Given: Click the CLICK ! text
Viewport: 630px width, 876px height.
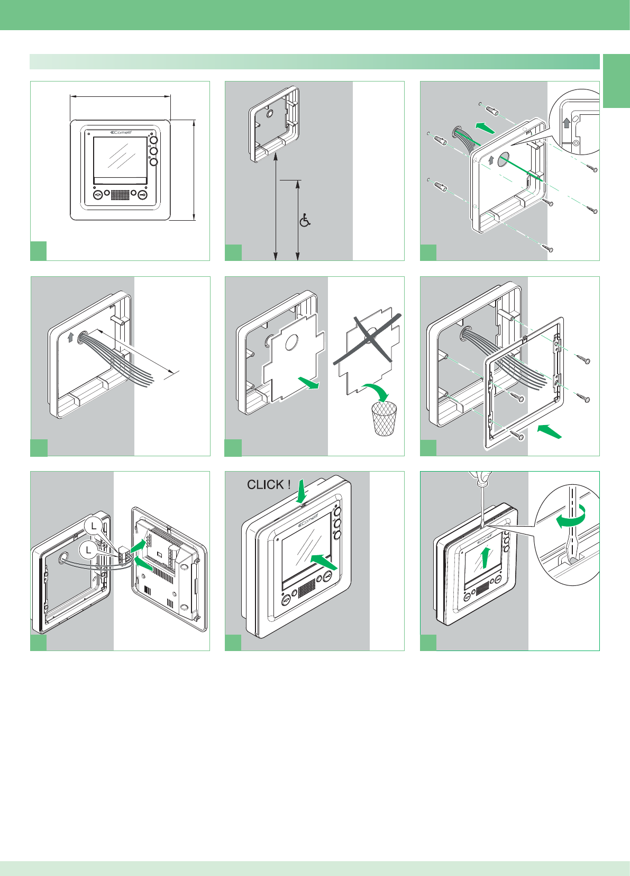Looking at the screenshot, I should [x=269, y=484].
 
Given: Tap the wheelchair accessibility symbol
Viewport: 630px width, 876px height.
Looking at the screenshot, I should [x=305, y=220].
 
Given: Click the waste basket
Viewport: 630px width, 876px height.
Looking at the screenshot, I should [x=384, y=419].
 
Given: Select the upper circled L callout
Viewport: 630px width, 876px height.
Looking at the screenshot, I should [x=93, y=526].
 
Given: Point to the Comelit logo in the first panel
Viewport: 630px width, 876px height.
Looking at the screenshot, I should [x=121, y=132].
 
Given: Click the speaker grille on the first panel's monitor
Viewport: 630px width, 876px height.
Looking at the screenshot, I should [x=120, y=195].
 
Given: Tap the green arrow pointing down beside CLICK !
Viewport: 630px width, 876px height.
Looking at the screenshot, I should [x=302, y=492].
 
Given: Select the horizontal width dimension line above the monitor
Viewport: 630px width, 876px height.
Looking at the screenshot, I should [x=120, y=96].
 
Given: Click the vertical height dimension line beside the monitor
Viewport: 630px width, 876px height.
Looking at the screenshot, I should [x=195, y=169].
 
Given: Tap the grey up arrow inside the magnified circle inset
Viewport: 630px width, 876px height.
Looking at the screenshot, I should [x=567, y=123].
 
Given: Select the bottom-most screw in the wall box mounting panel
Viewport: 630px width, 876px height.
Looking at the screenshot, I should [x=549, y=248].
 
